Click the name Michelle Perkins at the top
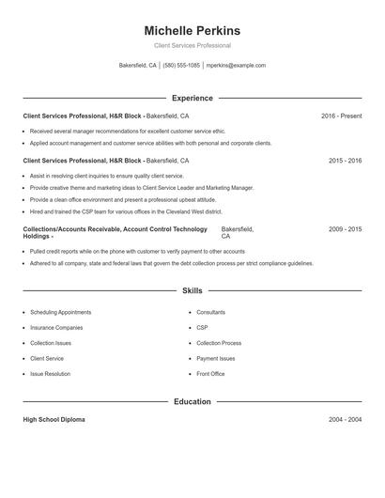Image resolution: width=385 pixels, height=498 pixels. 192,31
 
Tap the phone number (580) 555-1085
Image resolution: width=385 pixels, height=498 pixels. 181,66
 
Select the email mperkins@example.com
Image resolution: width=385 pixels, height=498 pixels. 236,66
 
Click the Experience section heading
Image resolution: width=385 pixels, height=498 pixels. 192,98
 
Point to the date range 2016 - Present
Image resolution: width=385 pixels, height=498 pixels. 341,116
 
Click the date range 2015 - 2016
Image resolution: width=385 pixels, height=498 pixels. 345,161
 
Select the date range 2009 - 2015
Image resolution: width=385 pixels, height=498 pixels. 345,229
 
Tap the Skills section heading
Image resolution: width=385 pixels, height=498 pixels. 192,291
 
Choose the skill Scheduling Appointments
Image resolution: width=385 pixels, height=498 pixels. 60,312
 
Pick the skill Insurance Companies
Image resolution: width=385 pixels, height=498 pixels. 56,328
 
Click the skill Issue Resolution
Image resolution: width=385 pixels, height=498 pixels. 50,374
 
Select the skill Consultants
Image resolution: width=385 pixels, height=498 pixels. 210,312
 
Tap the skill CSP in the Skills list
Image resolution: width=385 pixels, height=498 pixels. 202,328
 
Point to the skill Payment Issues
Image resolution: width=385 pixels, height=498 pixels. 215,359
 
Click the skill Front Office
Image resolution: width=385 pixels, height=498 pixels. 210,374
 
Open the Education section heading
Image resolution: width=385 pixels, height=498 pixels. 192,401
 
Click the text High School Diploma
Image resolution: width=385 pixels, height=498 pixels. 54,419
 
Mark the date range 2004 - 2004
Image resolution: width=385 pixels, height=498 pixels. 345,419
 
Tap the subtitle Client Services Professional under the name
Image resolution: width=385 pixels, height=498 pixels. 192,46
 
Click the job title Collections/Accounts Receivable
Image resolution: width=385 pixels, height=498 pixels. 66,229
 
